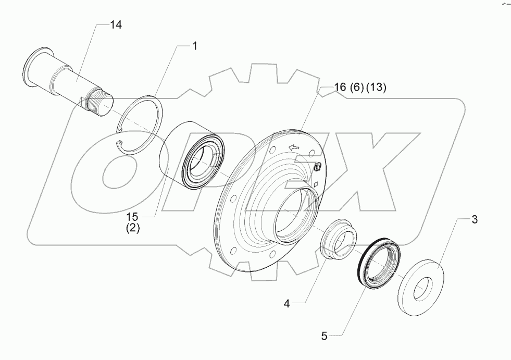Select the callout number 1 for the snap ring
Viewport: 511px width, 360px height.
click(x=195, y=46)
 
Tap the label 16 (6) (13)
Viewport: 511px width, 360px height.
click(x=360, y=88)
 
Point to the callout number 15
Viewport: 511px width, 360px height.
click(x=132, y=216)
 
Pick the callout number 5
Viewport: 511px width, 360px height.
click(x=323, y=337)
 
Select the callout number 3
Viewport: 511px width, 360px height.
click(x=473, y=219)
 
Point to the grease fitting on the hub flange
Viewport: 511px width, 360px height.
click(x=317, y=167)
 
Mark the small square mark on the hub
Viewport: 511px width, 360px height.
click(x=316, y=183)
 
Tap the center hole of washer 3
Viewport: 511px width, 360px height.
click(x=423, y=289)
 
